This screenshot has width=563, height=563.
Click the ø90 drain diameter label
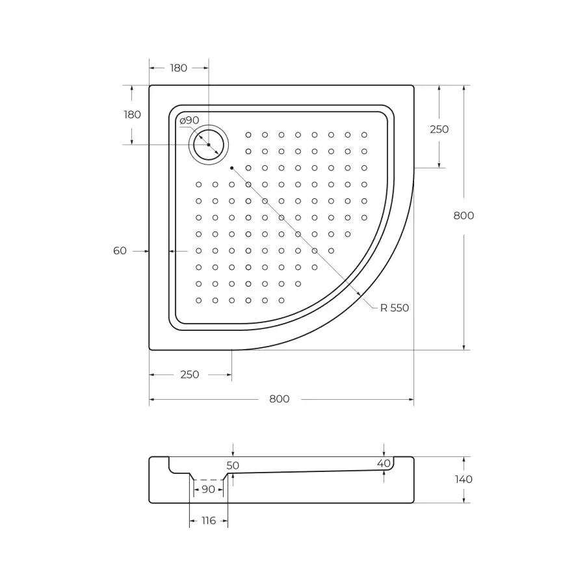[189, 120]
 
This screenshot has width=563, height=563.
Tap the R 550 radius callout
[395, 308]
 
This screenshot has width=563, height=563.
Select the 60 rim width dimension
[120, 250]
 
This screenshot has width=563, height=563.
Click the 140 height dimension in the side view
[464, 479]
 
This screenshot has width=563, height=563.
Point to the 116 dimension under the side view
[208, 521]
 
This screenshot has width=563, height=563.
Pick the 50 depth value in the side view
[233, 465]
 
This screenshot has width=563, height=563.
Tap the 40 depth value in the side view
[384, 463]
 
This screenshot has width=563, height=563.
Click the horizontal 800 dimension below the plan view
[280, 399]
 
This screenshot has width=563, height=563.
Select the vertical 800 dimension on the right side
[464, 216]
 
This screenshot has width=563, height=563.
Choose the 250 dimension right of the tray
[439, 129]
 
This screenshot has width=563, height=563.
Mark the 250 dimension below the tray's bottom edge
[189, 374]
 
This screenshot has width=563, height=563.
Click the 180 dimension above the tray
[178, 68]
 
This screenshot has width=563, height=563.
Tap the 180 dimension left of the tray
[132, 114]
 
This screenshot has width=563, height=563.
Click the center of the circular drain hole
[209, 144]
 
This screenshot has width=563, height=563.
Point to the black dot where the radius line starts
[231, 167]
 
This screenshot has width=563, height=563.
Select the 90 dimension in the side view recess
[207, 489]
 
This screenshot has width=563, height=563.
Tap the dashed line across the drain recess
[207, 480]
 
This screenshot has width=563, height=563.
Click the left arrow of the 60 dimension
[146, 250]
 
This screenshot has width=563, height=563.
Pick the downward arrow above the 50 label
[233, 453]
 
